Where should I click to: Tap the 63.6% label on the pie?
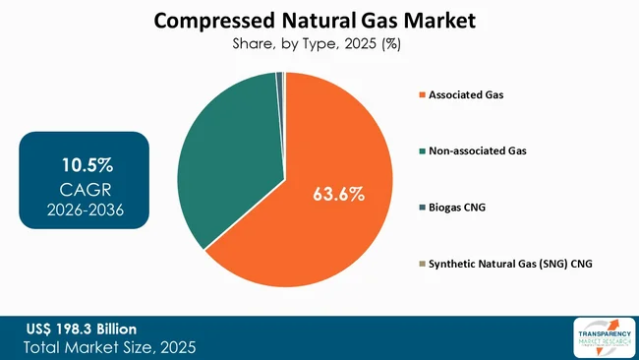click(x=338, y=194)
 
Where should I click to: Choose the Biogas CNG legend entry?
click(x=457, y=209)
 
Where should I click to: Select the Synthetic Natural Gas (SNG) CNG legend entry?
click(x=506, y=265)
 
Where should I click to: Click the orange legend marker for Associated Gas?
click(x=422, y=95)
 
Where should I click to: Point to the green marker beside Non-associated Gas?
click(x=422, y=151)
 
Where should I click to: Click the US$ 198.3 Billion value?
click(x=82, y=328)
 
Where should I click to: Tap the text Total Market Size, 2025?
click(x=111, y=346)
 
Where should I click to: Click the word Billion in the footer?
click(x=113, y=328)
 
